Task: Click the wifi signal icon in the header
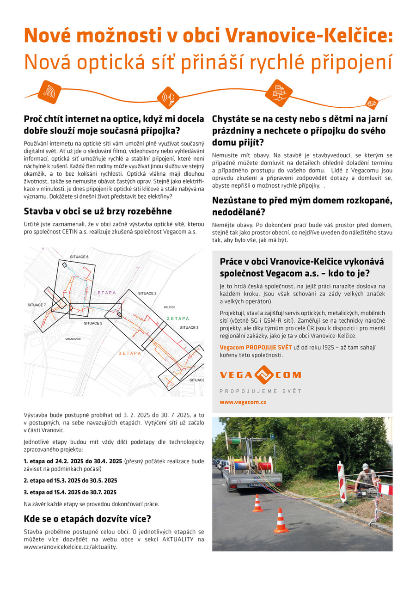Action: (x=49, y=91)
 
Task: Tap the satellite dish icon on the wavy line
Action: (x=168, y=98)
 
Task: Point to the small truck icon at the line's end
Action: (x=371, y=103)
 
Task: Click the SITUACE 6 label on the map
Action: (x=79, y=257)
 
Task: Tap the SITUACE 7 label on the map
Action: (x=37, y=305)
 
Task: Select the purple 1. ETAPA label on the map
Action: (x=104, y=293)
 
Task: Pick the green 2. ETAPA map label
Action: (x=178, y=319)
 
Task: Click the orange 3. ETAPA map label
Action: (x=130, y=353)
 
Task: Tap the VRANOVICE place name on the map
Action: (x=73, y=339)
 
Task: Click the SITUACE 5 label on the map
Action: (x=93, y=323)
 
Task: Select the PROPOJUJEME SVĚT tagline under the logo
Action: (x=260, y=391)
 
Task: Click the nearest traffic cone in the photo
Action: (x=281, y=521)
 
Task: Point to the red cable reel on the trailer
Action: (x=265, y=464)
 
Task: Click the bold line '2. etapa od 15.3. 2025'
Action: (x=70, y=480)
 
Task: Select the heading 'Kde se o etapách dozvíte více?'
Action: (x=88, y=518)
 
